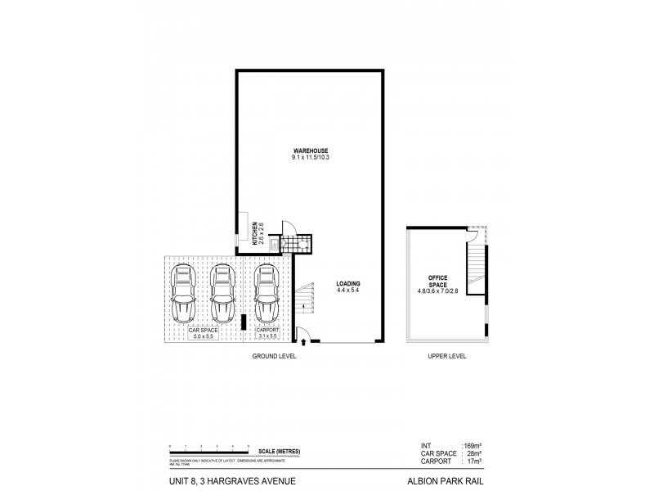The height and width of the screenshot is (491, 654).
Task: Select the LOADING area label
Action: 348,287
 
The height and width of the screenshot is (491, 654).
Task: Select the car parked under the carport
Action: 266,294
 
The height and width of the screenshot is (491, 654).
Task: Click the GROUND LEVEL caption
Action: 275,357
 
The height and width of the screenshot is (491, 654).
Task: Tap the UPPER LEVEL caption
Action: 446,357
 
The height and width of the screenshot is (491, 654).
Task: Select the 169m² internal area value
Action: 473,446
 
